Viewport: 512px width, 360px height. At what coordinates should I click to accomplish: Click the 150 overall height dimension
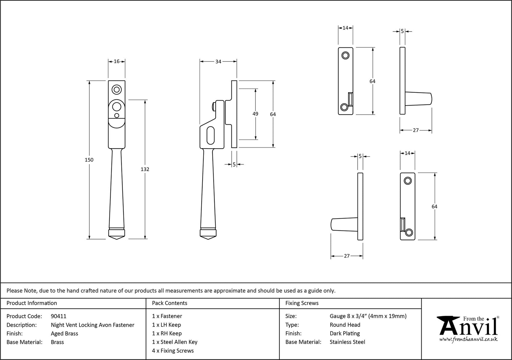coord(89,160)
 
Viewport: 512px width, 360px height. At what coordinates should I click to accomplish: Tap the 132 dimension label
coord(145,169)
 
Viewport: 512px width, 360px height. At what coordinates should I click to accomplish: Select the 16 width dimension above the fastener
coord(117,61)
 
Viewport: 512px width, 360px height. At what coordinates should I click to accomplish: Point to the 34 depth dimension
coord(218,61)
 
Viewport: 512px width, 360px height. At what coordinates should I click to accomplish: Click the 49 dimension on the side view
coord(255,114)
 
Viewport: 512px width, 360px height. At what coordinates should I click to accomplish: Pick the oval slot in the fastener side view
coord(210,135)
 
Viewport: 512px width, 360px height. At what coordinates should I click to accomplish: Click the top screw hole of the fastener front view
coord(116,90)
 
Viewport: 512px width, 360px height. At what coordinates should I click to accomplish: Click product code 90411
coord(59,316)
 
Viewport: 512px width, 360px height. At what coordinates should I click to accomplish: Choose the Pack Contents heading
coord(170,303)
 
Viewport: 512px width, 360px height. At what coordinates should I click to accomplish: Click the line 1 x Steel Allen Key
coord(175,342)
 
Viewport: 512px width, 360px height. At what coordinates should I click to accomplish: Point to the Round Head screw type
coord(345,325)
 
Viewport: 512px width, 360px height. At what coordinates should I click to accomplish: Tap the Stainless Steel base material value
coord(347,342)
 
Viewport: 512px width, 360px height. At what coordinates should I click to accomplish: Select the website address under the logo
coord(468,340)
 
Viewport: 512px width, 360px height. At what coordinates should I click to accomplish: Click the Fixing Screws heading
coord(302,303)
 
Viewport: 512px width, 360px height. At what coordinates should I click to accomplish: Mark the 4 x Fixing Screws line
coord(173,351)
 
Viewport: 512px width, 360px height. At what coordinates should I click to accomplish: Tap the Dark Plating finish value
coord(345,334)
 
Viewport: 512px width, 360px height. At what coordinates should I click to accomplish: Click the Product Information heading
coord(32,303)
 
